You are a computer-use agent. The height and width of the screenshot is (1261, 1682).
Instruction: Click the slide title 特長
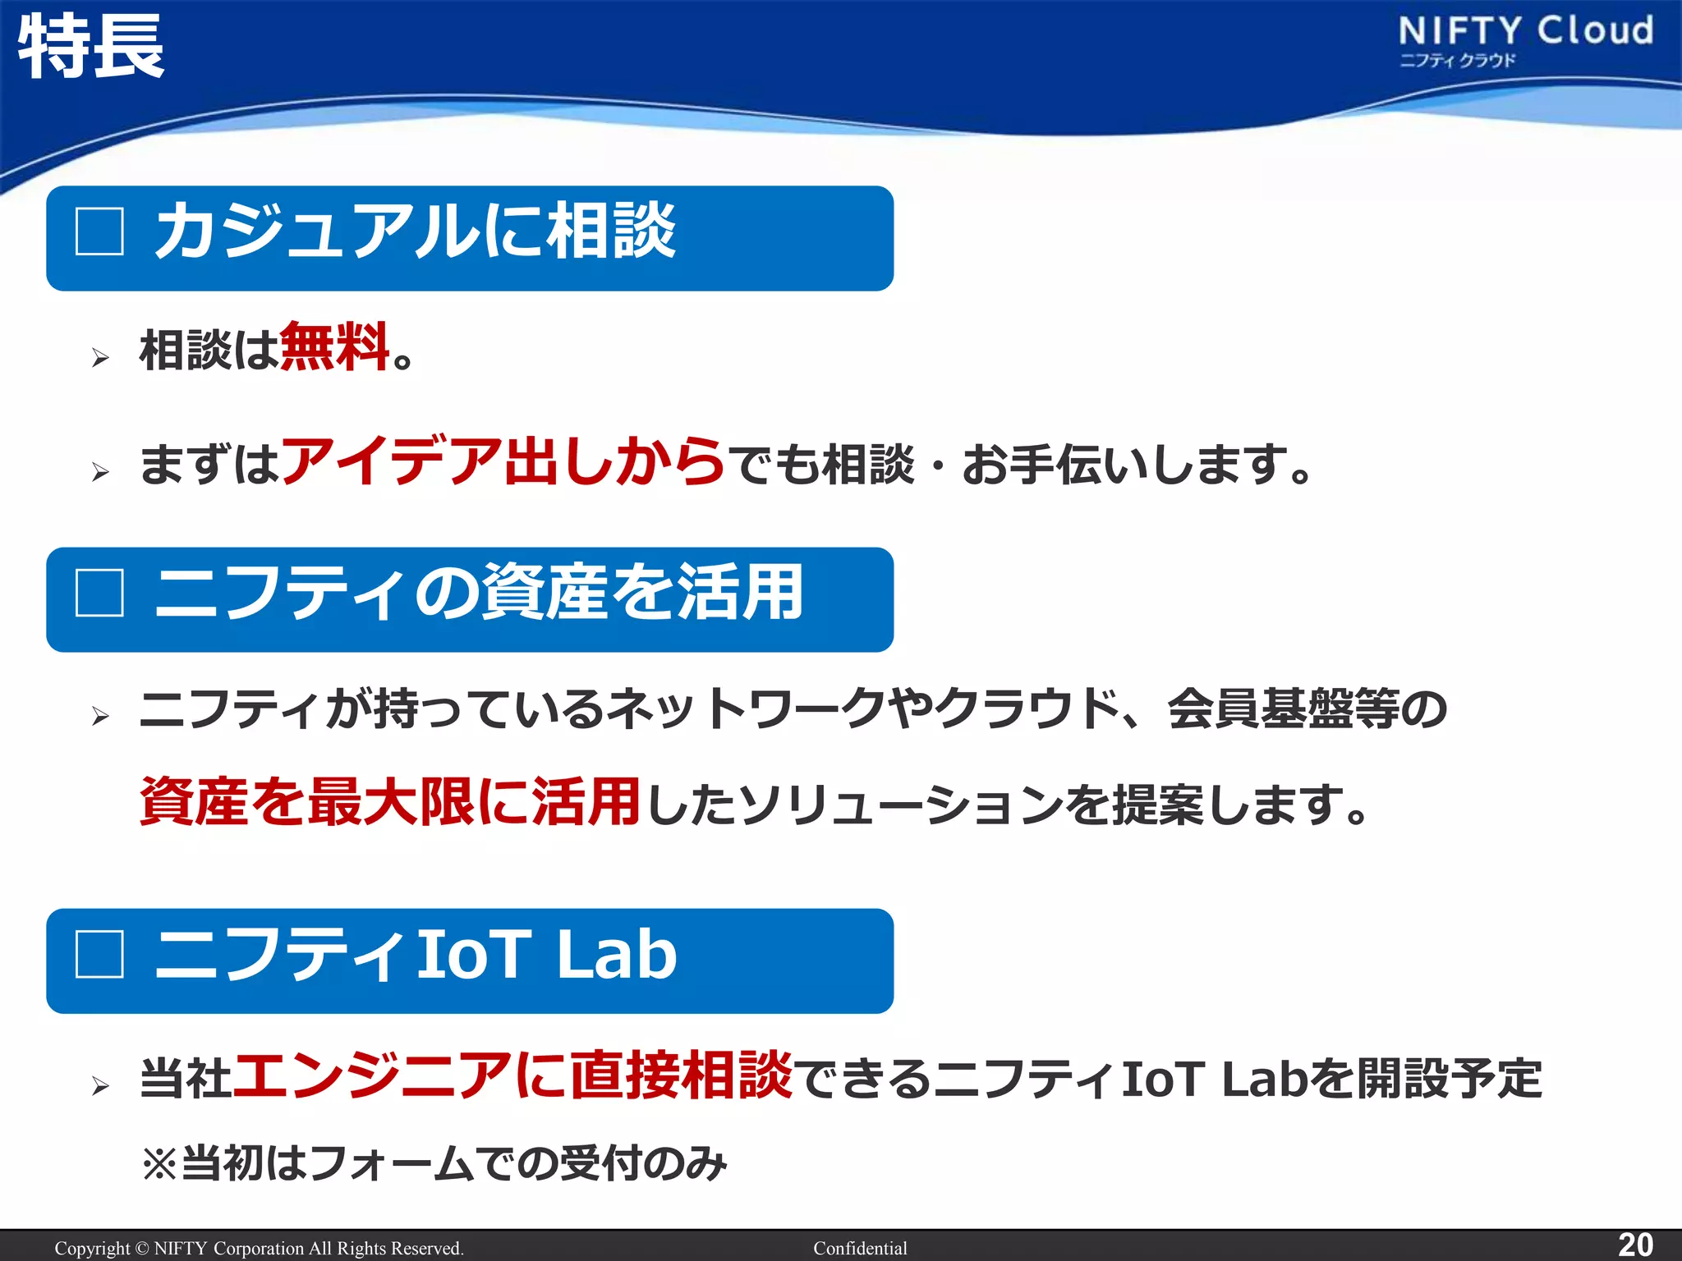pyautogui.click(x=90, y=47)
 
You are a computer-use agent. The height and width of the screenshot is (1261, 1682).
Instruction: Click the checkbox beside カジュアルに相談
pyautogui.click(x=99, y=231)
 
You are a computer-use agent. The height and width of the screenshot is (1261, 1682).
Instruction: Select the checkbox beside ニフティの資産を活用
pyautogui.click(x=99, y=592)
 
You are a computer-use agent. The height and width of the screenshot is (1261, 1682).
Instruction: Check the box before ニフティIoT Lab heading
pyautogui.click(x=99, y=954)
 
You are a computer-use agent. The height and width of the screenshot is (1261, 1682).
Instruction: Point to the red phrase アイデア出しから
pyautogui.click(x=503, y=461)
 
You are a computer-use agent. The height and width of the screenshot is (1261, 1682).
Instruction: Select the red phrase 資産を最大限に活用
pyautogui.click(x=389, y=802)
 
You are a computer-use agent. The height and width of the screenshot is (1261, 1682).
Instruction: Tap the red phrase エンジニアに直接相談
pyautogui.click(x=513, y=1075)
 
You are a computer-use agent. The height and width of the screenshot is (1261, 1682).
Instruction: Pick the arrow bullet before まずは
pyautogui.click(x=100, y=471)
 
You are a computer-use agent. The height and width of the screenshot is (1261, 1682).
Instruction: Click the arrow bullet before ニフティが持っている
pyautogui.click(x=100, y=716)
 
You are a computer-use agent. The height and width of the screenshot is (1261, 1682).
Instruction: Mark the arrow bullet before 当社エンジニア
pyautogui.click(x=100, y=1086)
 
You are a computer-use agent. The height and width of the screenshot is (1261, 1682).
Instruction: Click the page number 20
pyautogui.click(x=1635, y=1245)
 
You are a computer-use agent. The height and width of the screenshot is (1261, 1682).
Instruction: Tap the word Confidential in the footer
pyautogui.click(x=860, y=1248)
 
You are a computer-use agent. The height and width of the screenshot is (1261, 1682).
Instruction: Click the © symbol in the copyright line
pyautogui.click(x=142, y=1248)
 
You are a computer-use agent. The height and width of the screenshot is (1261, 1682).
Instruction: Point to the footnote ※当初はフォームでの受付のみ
pyautogui.click(x=434, y=1162)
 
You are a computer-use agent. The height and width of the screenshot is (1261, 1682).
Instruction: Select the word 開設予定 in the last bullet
pyautogui.click(x=1449, y=1078)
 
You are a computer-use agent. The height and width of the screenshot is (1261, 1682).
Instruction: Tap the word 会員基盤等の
pyautogui.click(x=1307, y=708)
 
